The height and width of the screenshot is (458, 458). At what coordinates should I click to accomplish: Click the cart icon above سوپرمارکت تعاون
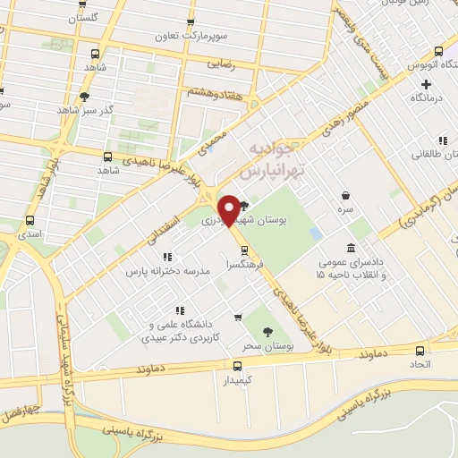[x=189, y=23]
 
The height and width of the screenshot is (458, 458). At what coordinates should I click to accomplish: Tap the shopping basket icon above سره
[x=345, y=195]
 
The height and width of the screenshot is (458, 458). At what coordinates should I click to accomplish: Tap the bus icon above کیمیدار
[x=237, y=365]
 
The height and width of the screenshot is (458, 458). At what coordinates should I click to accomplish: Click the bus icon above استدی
[x=30, y=220]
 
